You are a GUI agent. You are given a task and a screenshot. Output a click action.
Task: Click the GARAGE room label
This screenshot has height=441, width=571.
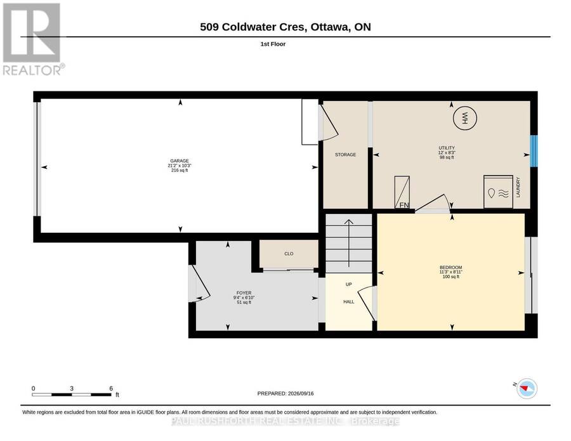pyautogui.click(x=180, y=161)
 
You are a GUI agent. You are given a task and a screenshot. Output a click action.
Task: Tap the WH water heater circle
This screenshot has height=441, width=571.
pyautogui.click(x=464, y=118)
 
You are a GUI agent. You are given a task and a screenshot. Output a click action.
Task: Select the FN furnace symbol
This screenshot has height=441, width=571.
pyautogui.click(x=402, y=192)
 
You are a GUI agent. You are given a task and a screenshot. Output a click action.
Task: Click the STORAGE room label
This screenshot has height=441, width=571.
pyautogui.click(x=345, y=155)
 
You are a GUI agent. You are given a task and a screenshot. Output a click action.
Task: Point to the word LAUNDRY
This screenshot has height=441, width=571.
pyautogui.click(x=518, y=187)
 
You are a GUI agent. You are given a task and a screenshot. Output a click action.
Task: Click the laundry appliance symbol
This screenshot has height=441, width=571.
pyautogui.click(x=498, y=192)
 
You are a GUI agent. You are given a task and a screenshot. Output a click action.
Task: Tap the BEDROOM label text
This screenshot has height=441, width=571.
pyautogui.click(x=451, y=267)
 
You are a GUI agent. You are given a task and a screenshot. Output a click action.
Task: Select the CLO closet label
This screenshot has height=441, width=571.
pyautogui.click(x=289, y=254)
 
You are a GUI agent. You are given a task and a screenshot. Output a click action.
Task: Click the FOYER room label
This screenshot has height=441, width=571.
pyautogui.click(x=244, y=293)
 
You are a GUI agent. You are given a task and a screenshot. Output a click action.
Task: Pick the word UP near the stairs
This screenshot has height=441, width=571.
pyautogui.click(x=348, y=284)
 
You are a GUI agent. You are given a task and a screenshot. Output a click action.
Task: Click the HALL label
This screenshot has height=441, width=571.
pyautogui.click(x=348, y=302)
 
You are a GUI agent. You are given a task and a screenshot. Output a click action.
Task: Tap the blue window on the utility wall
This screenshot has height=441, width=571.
pyautogui.click(x=534, y=151)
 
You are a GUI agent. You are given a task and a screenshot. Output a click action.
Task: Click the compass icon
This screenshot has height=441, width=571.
pyautogui.click(x=527, y=388)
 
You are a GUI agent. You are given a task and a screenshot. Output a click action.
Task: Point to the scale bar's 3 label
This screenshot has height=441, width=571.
pyautogui.click(x=72, y=388)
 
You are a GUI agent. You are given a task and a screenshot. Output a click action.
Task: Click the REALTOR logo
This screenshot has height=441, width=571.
pyautogui.click(x=34, y=39)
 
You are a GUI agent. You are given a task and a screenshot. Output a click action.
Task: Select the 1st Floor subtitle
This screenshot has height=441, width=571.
pyautogui.click(x=273, y=44)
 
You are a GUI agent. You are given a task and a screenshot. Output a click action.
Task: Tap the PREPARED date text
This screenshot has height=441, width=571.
pyautogui.click(x=285, y=393)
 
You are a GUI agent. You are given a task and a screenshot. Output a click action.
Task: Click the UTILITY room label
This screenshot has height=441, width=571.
pyautogui.click(x=447, y=148)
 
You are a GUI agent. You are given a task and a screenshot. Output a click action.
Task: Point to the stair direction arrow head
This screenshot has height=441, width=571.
pyautogui.click(x=349, y=222)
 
